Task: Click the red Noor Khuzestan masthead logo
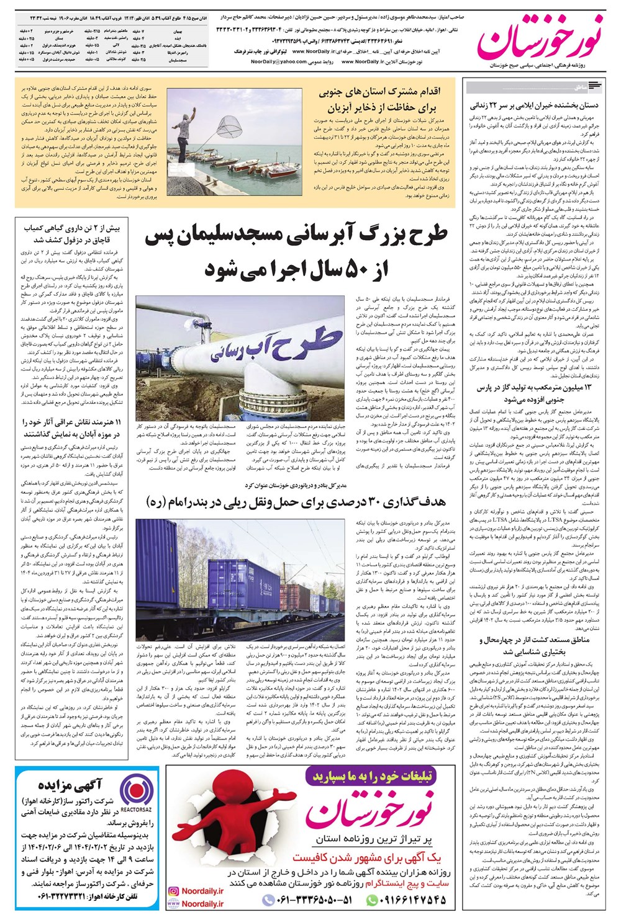[539, 34]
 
